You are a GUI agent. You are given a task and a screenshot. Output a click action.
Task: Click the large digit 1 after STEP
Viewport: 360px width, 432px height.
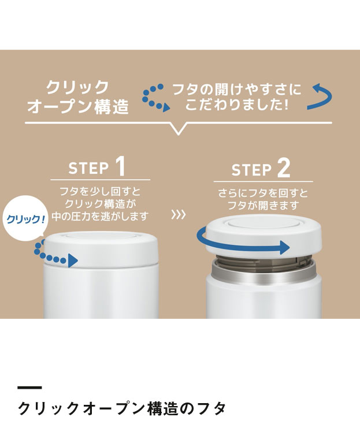120,167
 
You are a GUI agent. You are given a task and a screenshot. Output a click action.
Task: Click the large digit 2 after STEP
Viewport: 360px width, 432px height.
284,168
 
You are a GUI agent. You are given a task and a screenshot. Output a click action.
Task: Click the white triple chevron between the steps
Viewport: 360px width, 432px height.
179,215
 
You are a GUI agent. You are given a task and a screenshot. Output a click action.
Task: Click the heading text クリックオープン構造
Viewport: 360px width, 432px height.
78,97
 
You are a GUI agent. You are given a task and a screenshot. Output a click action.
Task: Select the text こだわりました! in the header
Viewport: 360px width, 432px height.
237,105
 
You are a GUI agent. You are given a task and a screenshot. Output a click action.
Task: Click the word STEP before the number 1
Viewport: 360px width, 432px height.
88,168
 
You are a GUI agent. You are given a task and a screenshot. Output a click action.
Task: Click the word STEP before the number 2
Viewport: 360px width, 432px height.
251,170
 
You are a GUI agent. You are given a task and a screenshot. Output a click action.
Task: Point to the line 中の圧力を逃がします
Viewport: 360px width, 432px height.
100,217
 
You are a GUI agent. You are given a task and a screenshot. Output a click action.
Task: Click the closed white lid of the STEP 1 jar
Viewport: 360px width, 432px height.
101,248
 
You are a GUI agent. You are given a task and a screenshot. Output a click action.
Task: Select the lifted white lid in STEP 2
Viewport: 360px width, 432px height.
264,234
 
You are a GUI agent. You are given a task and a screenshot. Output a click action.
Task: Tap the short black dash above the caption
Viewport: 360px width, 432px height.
29,388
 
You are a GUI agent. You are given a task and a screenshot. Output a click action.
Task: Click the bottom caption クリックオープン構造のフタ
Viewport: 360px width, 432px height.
121,408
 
